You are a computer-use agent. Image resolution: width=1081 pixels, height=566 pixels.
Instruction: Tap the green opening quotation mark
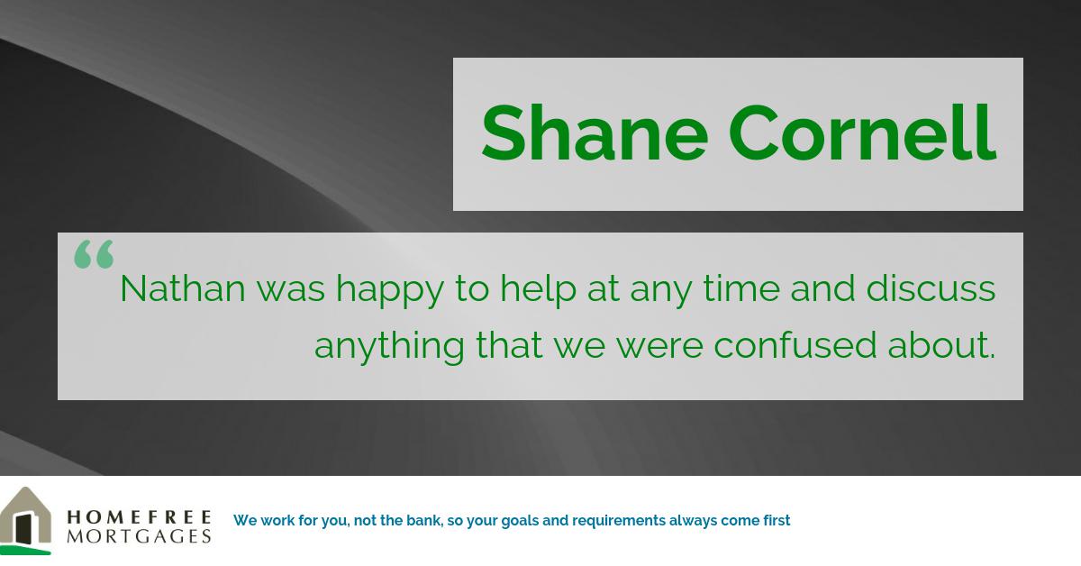click(94, 254)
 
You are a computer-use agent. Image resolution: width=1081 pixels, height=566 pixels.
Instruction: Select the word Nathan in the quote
click(182, 288)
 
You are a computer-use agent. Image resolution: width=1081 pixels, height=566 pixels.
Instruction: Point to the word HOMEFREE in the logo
click(139, 517)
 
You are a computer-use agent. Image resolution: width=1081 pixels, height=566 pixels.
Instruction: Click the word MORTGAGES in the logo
click(139, 536)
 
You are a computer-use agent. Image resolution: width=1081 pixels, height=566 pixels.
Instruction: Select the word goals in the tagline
click(522, 521)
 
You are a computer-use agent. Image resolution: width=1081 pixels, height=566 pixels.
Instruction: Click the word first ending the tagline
click(774, 520)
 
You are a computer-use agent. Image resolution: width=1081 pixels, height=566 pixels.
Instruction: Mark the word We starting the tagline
click(244, 520)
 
